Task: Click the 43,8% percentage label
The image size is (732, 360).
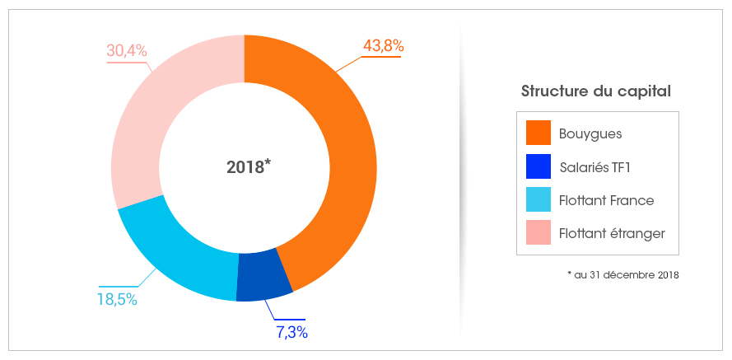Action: (x=382, y=46)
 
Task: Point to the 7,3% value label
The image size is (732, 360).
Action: (x=291, y=333)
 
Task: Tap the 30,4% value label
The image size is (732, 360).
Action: (x=127, y=50)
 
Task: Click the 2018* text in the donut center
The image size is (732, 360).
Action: (x=249, y=166)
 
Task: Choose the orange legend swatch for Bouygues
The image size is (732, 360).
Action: (x=538, y=133)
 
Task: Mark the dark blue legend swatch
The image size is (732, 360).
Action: (x=538, y=166)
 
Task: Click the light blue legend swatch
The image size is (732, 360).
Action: (x=538, y=200)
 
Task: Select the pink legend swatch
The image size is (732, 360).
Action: (x=538, y=234)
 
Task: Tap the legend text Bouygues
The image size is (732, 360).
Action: (x=590, y=133)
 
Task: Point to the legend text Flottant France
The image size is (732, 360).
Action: (x=606, y=201)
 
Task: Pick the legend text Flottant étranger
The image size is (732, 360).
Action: (x=611, y=235)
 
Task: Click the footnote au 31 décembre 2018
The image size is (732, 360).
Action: (x=623, y=274)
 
